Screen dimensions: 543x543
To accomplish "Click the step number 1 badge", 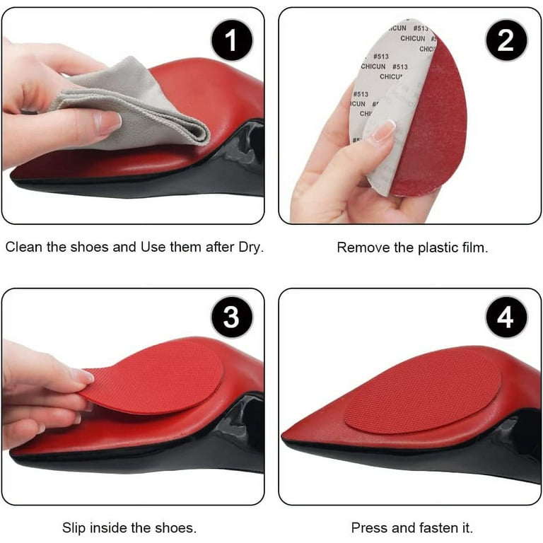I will click(231, 41).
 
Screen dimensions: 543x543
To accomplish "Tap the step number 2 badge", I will click(506, 41).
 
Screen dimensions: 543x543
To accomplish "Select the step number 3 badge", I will click(231, 318).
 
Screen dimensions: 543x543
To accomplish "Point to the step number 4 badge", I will click(506, 318).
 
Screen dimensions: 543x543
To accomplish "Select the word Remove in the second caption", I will click(358, 248).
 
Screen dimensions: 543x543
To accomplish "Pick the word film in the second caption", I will click(471, 248).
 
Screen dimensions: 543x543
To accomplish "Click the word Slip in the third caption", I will click(74, 527).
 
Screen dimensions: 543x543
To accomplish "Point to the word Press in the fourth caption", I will click(368, 527).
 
